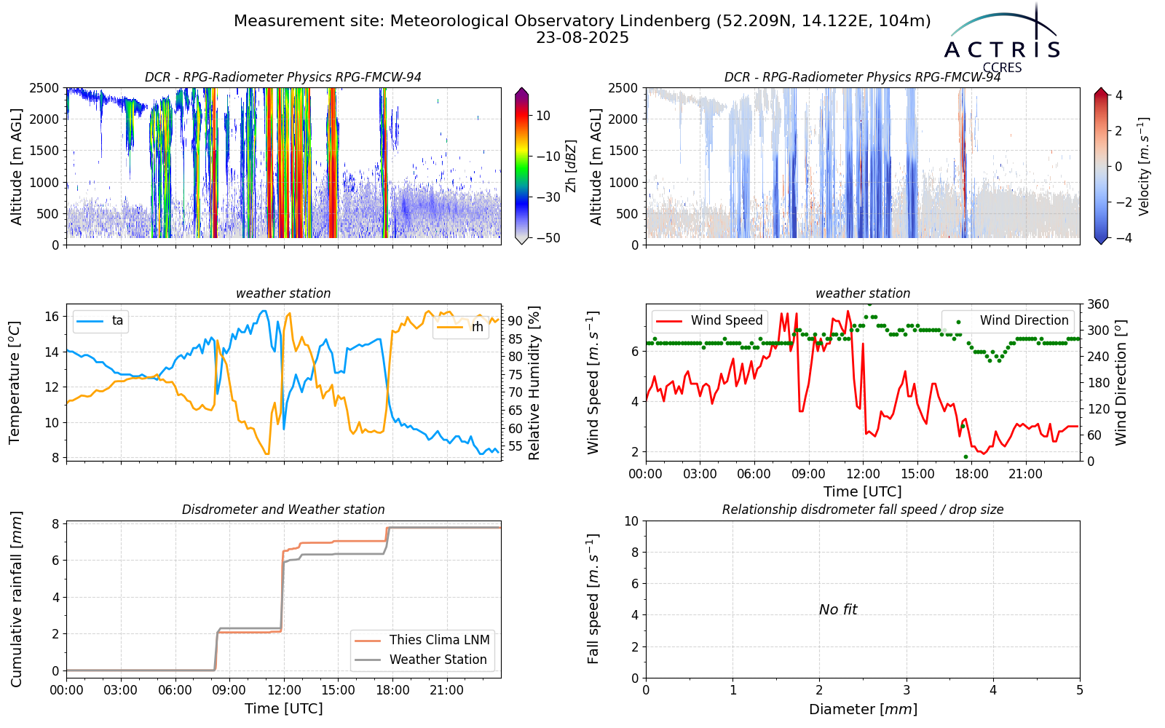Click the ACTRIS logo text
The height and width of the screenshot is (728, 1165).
pos(1002,50)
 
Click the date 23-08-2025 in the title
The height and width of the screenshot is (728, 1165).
pos(582,38)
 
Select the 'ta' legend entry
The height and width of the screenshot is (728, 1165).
pos(100,320)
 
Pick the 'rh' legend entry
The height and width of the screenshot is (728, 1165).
pos(460,327)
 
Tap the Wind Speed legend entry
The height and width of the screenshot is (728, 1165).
pos(709,320)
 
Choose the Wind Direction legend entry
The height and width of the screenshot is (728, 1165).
pos(1007,320)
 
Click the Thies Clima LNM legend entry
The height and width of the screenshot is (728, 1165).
pos(422,640)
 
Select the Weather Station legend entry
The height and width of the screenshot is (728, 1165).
pos(421,660)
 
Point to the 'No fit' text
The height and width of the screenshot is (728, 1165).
pos(838,609)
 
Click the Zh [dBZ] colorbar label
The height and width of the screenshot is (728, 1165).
pos(571,166)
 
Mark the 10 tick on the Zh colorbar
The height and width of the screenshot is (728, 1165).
pos(543,116)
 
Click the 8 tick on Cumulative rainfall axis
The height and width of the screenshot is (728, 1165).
pos(55,523)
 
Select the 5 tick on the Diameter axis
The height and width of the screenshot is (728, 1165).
pos(1080,691)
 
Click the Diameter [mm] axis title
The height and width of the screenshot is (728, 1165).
pos(863,709)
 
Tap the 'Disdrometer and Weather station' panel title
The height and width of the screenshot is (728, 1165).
pos(283,510)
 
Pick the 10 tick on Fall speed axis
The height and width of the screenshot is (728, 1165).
pos(631,521)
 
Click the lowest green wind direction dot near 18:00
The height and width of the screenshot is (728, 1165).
pos(965,457)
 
